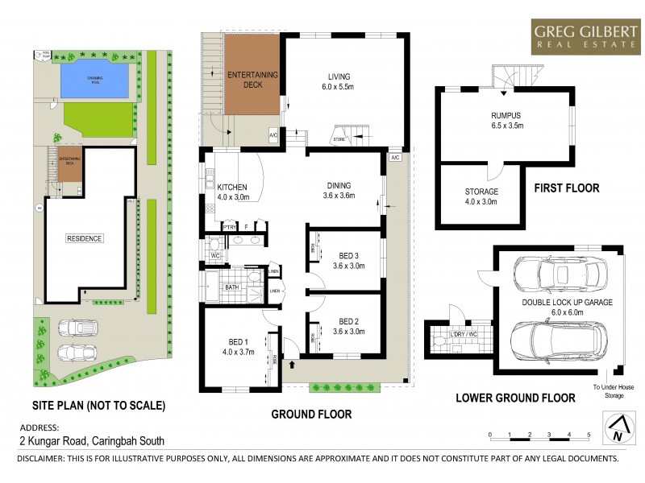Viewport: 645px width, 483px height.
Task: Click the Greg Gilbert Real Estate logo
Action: (582, 37)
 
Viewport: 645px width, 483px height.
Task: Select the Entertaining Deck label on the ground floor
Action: (253, 79)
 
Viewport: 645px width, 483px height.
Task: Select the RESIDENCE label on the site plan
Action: (85, 239)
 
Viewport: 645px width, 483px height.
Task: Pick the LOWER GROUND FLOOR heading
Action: (515, 397)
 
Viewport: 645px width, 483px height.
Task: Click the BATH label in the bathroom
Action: (231, 287)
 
